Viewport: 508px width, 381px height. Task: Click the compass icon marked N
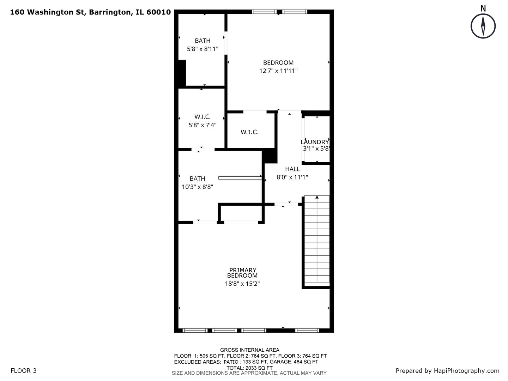(x=483, y=26)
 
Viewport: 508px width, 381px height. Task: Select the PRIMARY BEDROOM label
(x=242, y=273)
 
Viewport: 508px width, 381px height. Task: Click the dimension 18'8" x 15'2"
(x=242, y=284)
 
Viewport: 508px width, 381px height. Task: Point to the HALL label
(x=292, y=169)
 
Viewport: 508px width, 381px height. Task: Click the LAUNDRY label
(x=315, y=142)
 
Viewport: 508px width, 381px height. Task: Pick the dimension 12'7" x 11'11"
(x=278, y=71)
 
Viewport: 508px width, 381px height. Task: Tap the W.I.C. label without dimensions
(x=249, y=132)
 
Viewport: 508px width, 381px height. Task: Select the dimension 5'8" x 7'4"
(x=202, y=125)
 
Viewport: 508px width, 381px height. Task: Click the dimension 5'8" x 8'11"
(x=202, y=49)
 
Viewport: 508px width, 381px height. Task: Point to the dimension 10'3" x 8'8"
(x=197, y=187)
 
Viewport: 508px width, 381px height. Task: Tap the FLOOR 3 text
(x=24, y=370)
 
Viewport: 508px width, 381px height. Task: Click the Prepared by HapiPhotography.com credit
(x=447, y=370)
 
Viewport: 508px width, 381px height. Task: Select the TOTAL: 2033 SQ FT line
(x=249, y=368)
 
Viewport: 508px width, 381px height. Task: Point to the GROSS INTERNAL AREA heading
(x=249, y=350)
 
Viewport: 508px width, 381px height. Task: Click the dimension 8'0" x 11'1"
(x=292, y=177)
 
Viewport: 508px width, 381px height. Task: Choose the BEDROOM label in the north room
(x=278, y=63)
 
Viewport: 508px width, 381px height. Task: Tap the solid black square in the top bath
(x=182, y=73)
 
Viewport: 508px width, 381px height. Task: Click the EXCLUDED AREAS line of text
(x=246, y=362)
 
